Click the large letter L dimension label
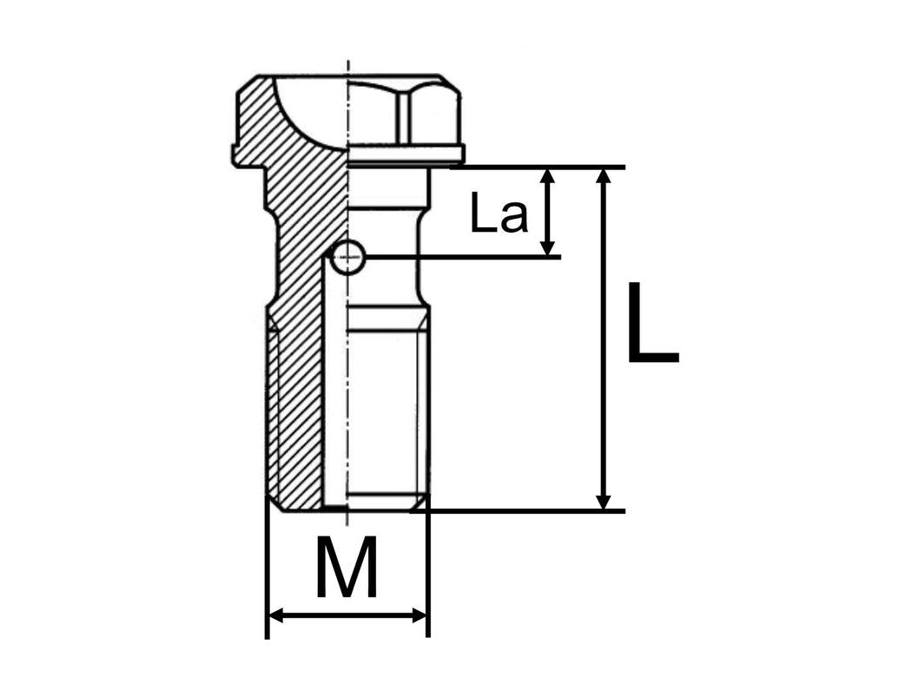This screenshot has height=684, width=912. tap(652, 323)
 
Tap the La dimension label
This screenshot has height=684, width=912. tap(499, 214)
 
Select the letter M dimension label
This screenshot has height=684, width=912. tap(347, 568)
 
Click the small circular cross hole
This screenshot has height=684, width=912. tap(348, 256)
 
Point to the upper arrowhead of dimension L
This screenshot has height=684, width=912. tap(605, 174)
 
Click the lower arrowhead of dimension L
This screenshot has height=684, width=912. tap(605, 502)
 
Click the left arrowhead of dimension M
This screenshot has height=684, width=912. tap(275, 615)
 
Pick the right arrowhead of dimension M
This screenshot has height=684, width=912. tap(420, 615)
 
